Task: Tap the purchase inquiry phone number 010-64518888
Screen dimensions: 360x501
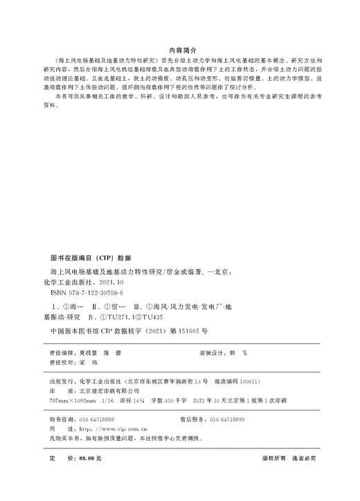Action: [x=96, y=419]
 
